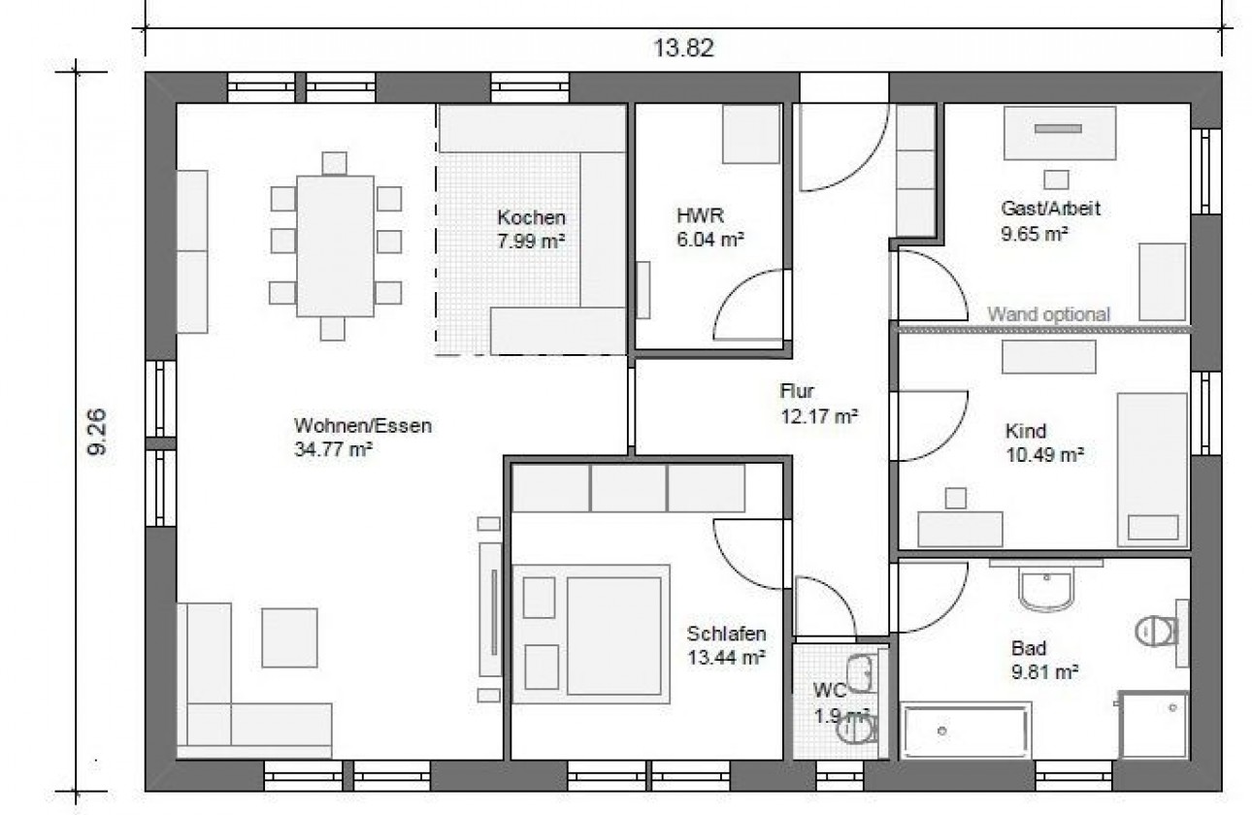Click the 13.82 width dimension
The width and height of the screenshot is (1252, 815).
(683, 49)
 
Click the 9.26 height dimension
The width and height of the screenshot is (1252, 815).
(97, 432)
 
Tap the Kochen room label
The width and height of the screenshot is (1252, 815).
(531, 217)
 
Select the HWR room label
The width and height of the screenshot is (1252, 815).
(700, 215)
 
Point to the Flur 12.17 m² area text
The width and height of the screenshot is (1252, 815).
(819, 416)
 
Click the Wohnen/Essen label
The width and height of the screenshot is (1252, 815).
(363, 426)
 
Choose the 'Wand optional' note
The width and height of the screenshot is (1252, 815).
(1048, 314)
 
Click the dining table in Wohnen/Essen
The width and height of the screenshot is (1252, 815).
(336, 246)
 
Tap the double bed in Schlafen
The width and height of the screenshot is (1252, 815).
(591, 634)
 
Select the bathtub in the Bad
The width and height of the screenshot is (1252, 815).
(966, 730)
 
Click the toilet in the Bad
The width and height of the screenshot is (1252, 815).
(1158, 633)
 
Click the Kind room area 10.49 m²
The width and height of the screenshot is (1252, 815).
(1044, 455)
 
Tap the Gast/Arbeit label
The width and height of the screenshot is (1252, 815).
(1050, 209)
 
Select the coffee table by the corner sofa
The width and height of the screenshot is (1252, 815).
(289, 637)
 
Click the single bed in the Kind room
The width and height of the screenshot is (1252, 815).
(1152, 470)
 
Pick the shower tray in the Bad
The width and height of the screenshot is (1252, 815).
(1154, 725)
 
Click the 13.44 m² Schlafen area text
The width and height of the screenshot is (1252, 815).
(726, 658)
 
